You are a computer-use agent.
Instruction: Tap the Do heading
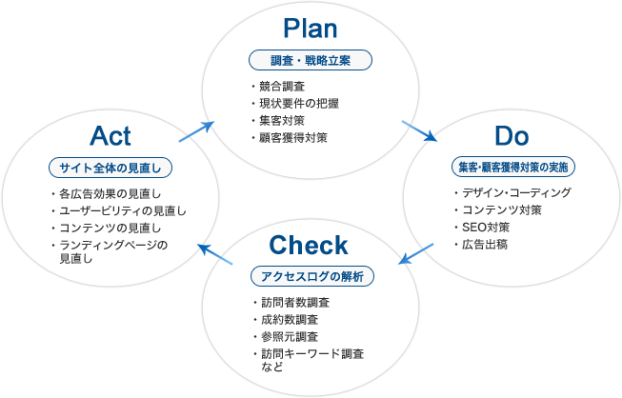512,134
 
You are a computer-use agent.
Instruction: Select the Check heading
309,246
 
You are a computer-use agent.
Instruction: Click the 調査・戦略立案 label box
311,61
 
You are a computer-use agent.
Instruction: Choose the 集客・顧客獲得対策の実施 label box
513,166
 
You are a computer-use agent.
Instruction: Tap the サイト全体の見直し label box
110,168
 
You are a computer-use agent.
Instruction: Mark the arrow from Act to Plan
197,129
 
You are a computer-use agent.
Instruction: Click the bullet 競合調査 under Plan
282,87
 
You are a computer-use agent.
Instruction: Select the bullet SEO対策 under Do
485,227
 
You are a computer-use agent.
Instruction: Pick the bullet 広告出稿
484,244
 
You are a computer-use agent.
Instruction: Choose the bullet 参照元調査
289,337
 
